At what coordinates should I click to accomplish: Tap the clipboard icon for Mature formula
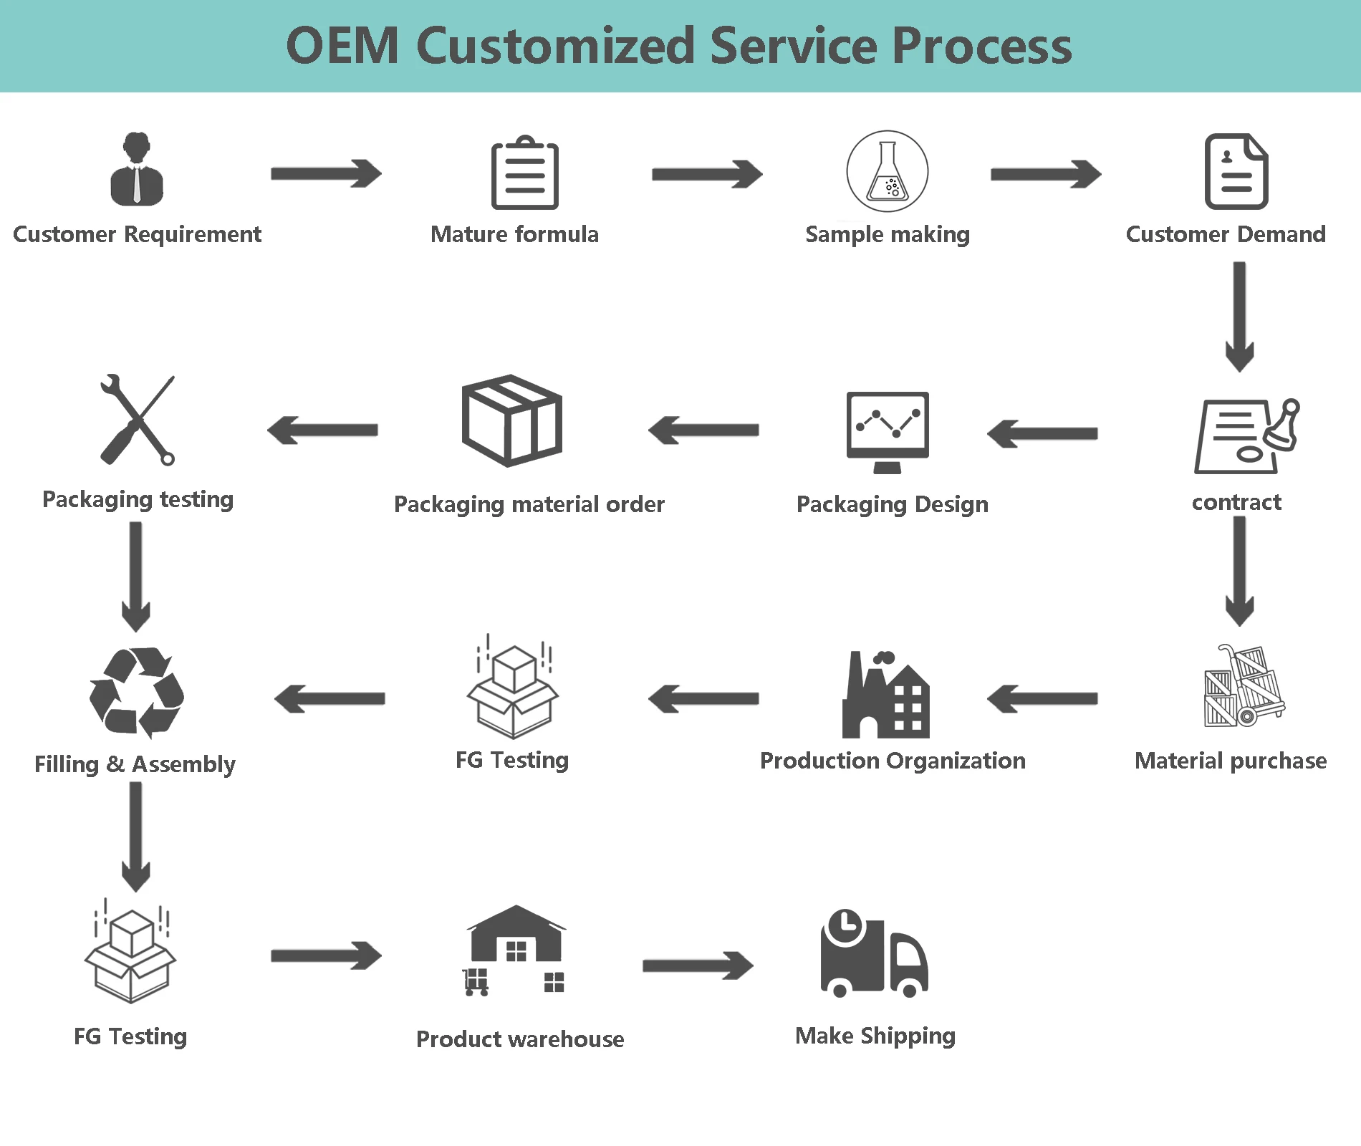tap(525, 173)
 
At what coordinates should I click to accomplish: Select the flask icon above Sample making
tap(888, 171)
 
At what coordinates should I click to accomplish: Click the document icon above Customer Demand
tap(1236, 172)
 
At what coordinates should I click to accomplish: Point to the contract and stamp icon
tap(1245, 436)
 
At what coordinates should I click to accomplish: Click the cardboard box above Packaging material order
tap(511, 420)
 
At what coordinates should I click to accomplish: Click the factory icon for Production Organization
tap(886, 695)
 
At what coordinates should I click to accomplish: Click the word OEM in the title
tap(342, 46)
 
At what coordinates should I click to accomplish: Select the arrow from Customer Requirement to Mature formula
tap(326, 174)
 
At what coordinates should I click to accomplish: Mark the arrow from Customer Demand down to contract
tap(1239, 316)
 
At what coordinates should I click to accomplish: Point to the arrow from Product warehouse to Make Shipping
tap(698, 966)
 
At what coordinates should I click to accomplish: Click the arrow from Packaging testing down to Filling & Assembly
tap(135, 576)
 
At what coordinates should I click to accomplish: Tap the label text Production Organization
tap(893, 761)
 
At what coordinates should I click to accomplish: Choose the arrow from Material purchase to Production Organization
tap(1042, 698)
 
